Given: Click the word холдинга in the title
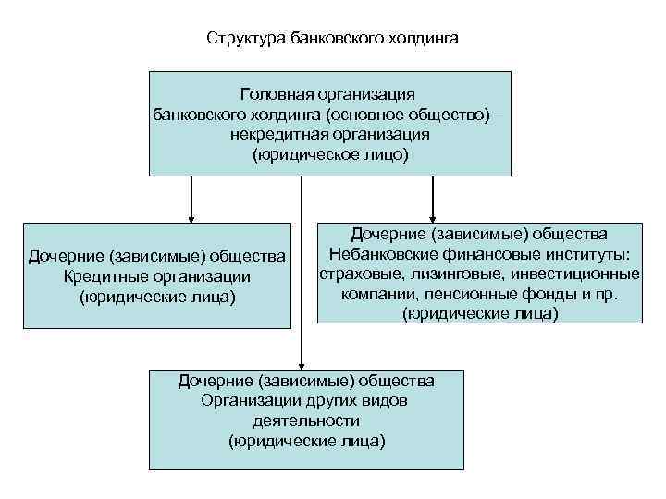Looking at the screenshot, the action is [418, 40].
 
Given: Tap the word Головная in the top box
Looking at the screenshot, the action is [274, 95].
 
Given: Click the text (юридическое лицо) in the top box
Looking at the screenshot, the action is [329, 154].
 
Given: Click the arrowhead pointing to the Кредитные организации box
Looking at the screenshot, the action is [191, 216].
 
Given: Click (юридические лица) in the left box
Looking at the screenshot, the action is [157, 297].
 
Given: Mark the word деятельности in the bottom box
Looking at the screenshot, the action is [305, 420].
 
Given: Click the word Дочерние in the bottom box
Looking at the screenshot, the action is [216, 381].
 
